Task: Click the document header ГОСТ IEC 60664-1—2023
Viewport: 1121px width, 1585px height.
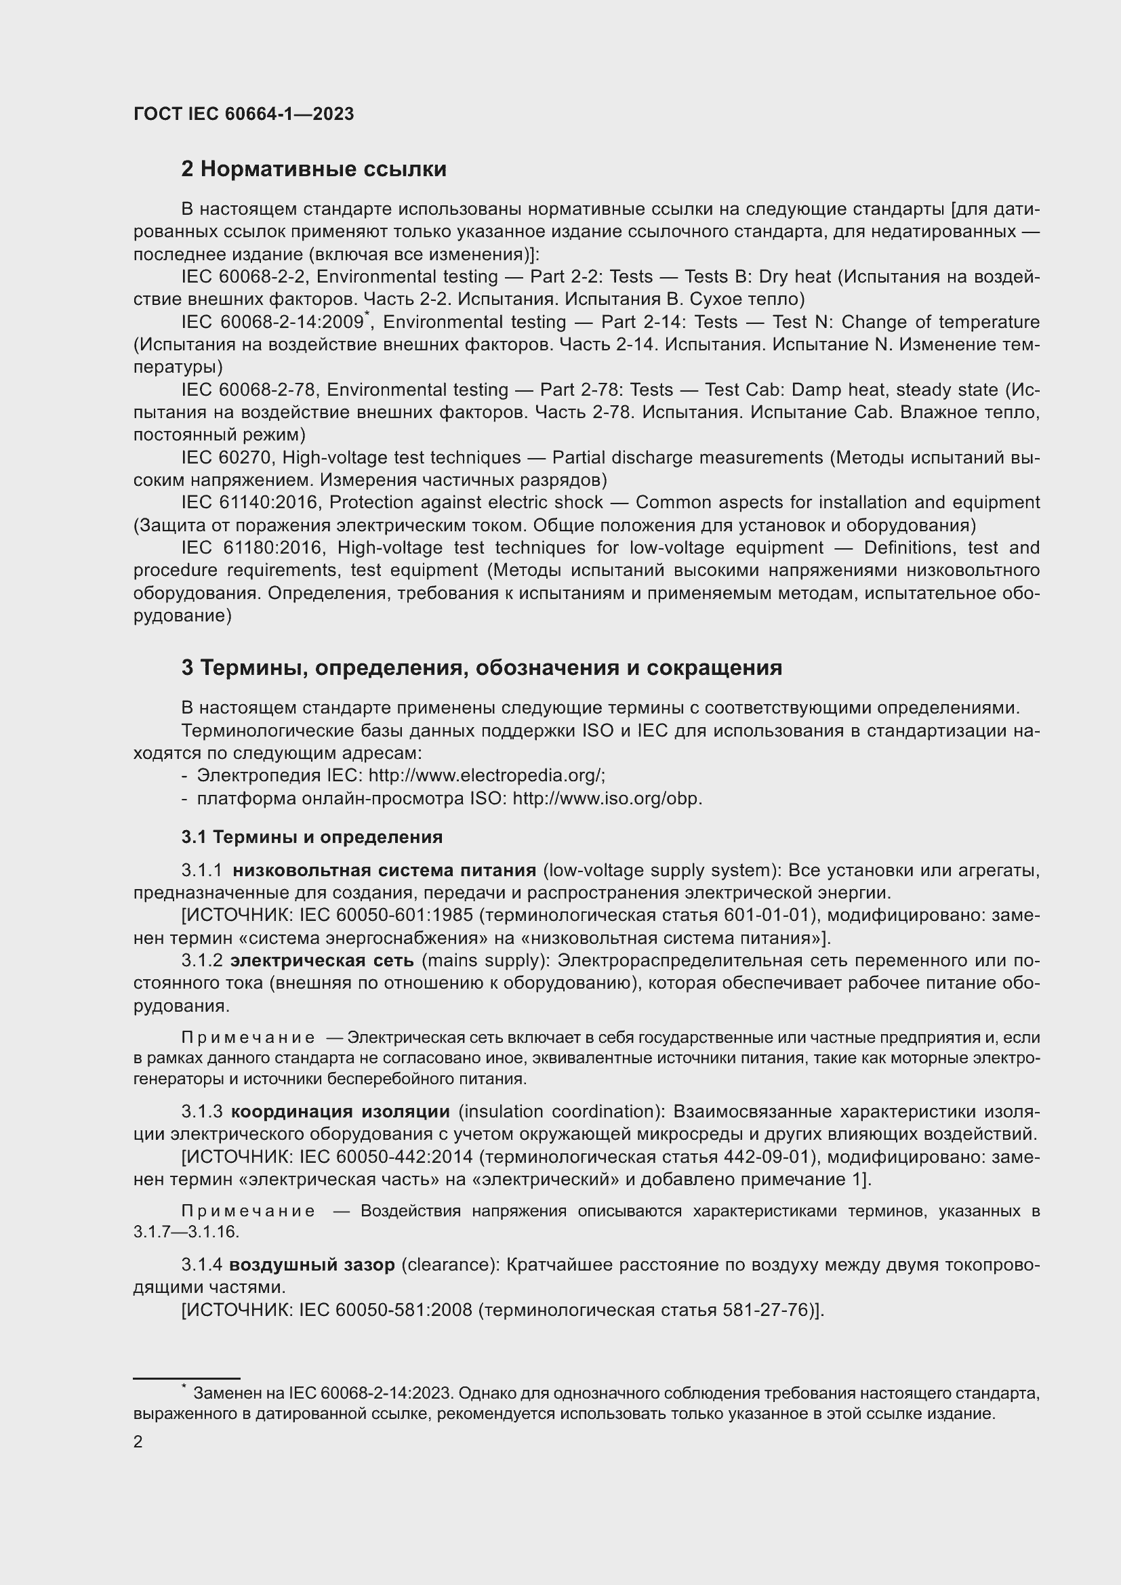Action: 243,114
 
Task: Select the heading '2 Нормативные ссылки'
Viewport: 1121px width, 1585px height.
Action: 313,169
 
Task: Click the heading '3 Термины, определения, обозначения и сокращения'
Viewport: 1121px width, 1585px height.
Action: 481,667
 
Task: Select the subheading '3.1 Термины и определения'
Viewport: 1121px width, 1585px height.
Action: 311,838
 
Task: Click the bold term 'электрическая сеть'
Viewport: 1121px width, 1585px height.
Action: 322,960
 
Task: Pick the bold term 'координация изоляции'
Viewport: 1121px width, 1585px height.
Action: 340,1111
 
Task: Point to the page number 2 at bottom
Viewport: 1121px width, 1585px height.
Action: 138,1442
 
